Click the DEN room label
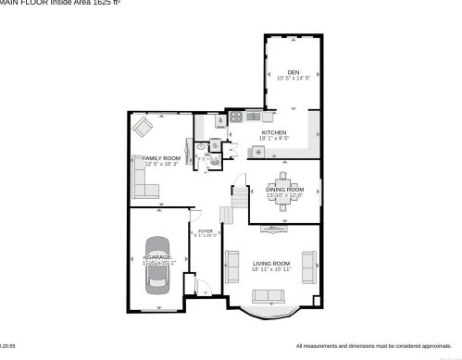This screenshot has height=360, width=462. point(293,72)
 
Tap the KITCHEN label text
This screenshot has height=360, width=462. point(273,132)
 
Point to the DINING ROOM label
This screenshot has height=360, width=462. point(284,189)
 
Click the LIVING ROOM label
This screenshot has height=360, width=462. point(271,265)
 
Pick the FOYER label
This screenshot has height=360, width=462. point(205,231)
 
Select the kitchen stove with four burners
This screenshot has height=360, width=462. point(236,118)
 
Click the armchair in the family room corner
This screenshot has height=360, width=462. point(142,126)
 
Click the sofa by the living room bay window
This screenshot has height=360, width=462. point(270,296)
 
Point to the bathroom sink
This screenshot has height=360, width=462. point(200,145)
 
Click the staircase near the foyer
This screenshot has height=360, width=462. point(240,197)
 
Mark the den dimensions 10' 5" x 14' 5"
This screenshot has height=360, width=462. point(293,79)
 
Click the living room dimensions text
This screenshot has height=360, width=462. point(271,271)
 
